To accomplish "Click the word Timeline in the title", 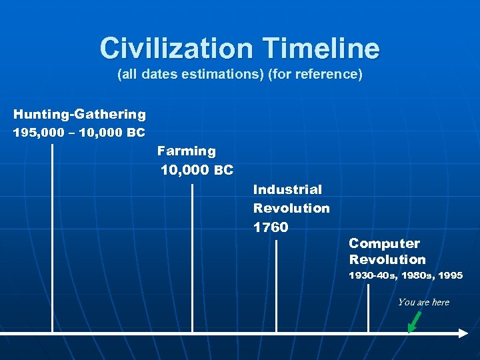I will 321,48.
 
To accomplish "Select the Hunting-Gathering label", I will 79,115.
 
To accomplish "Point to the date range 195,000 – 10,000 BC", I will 79,133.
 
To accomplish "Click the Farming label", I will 187,151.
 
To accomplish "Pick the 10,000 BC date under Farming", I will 197,171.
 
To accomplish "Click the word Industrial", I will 287,190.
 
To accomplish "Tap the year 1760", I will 271,227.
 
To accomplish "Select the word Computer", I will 384,243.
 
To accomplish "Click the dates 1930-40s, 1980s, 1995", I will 405,275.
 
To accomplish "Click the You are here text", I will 423,302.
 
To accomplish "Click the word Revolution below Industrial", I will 291,208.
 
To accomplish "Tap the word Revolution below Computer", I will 387,259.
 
